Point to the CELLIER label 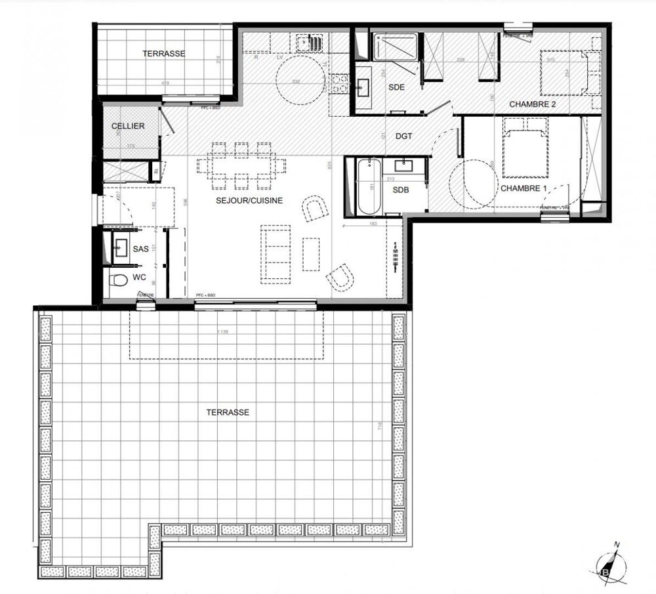pos(127,126)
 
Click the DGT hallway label pos(404,136)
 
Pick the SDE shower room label pos(396,87)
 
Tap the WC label pos(140,278)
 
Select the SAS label pos(140,249)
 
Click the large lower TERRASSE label pos(227,412)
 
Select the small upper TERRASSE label pos(163,54)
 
